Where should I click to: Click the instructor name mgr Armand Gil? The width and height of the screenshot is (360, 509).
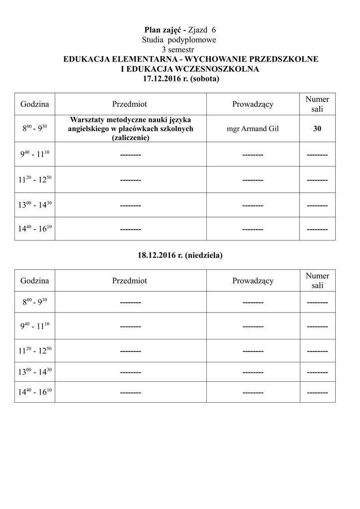(x=253, y=129)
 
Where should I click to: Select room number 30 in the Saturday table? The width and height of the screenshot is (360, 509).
(x=317, y=129)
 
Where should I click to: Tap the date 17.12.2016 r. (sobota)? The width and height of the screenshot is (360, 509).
(x=180, y=79)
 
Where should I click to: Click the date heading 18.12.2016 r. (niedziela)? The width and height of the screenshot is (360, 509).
(x=180, y=255)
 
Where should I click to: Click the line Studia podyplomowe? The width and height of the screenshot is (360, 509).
(x=180, y=40)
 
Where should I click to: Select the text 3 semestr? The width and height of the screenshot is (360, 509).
(x=180, y=49)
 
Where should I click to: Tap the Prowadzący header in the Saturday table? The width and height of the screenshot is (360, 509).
(x=253, y=104)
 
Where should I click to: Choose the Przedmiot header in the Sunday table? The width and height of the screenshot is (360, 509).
(x=130, y=281)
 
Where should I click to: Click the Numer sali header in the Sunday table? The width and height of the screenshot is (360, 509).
(x=317, y=281)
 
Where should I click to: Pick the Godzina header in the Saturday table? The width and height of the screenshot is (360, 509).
(x=35, y=104)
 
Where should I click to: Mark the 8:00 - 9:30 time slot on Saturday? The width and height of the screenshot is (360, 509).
(x=35, y=129)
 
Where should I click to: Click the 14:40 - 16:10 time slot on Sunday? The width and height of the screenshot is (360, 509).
(x=35, y=392)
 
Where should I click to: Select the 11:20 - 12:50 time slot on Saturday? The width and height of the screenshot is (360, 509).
(x=35, y=179)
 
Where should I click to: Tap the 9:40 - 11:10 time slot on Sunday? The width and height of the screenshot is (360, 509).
(x=35, y=326)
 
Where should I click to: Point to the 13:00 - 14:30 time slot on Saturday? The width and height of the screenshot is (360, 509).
(x=35, y=205)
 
